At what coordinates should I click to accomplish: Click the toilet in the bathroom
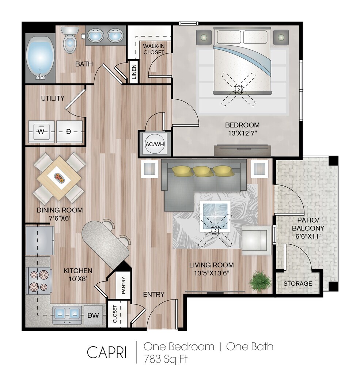pyautogui.click(x=69, y=39)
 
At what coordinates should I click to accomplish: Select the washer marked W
pyautogui.click(x=41, y=131)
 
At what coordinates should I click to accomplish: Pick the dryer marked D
pyautogui.click(x=69, y=131)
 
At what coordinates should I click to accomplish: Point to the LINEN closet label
pyautogui.click(x=134, y=72)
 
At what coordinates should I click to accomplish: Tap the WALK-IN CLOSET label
pyautogui.click(x=154, y=49)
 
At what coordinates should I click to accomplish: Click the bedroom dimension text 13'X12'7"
pyautogui.click(x=242, y=133)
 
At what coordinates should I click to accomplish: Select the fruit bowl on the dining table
pyautogui.click(x=59, y=178)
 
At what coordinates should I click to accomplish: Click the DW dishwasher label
pyautogui.click(x=93, y=315)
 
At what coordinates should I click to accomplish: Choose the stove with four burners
pyautogui.click(x=38, y=280)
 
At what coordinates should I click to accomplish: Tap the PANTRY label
pyautogui.click(x=124, y=285)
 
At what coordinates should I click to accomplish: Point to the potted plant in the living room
pyautogui.click(x=260, y=282)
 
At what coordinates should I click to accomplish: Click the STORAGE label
pyautogui.click(x=298, y=283)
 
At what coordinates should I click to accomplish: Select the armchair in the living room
pyautogui.click(x=257, y=240)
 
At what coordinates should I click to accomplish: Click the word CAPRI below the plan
pyautogui.click(x=106, y=352)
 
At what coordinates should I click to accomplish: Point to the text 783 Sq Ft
pyautogui.click(x=166, y=359)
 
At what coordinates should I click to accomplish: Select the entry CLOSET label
pyautogui.click(x=115, y=314)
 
